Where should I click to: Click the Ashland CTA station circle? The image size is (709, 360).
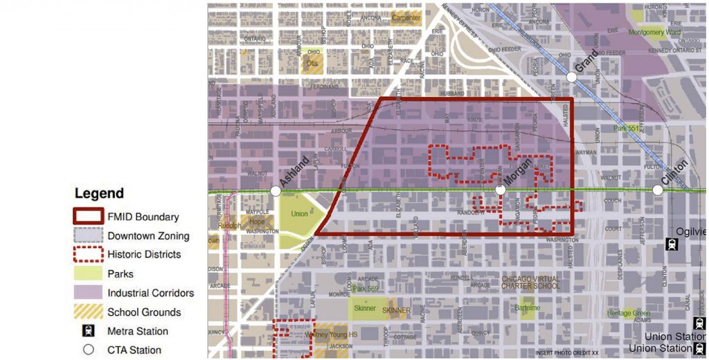pos(276,190)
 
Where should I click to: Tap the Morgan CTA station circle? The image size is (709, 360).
pos(500,190)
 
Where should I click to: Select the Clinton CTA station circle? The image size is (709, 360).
pos(657,190)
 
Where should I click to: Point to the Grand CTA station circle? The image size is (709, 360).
pos(571,77)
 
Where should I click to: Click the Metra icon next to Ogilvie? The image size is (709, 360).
pos(671,243)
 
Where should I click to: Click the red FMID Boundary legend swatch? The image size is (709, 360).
pos(89,217)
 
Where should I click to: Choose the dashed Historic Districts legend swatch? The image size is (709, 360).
pos(89,254)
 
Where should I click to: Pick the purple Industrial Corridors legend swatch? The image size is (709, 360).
pos(89,292)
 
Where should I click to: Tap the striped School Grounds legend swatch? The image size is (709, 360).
pos(89,312)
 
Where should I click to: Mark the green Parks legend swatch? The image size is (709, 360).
pos(89,273)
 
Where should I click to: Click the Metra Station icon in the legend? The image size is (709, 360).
pos(89,331)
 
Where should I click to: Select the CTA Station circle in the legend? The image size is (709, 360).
pos(89,350)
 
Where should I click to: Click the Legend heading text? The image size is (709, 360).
pos(99,194)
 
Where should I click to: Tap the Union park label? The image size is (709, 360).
pos(299,214)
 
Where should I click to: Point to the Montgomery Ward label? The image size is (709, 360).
pos(655,33)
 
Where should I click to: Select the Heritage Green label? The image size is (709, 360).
pos(629,314)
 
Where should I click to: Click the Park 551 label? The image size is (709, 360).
pos(627,128)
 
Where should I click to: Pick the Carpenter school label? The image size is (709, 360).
pos(406,17)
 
